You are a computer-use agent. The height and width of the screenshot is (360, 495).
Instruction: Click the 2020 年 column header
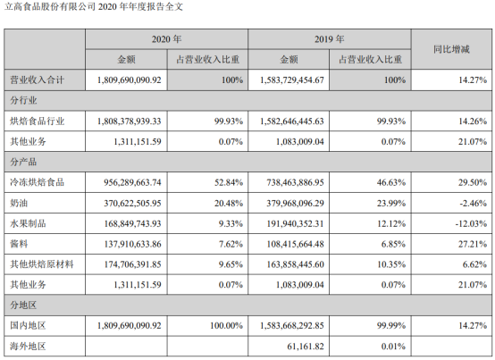(166, 39)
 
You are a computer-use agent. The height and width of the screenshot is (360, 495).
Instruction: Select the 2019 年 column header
(329, 39)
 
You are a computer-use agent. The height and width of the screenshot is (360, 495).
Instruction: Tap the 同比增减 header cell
(451, 49)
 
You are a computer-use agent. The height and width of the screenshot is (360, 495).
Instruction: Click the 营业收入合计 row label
(37, 80)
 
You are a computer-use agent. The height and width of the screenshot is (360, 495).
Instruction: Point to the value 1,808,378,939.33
(130, 121)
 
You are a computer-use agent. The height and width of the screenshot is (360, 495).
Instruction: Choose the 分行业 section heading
(23, 100)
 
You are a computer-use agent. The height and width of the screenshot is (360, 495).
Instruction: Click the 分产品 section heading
(23, 162)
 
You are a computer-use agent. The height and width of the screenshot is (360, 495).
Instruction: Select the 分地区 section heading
(23, 306)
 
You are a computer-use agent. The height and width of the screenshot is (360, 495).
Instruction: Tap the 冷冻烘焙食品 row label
(37, 182)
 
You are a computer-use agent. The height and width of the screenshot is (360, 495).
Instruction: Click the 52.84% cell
(229, 182)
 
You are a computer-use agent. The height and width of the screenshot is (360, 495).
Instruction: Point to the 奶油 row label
(19, 203)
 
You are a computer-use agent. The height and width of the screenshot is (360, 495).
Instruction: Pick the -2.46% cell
(473, 203)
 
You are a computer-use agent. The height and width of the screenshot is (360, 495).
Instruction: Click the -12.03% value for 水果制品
(471, 223)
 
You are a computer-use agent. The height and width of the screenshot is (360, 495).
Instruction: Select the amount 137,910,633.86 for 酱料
(132, 244)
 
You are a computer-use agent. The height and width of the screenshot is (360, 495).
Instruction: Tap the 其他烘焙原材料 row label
(42, 264)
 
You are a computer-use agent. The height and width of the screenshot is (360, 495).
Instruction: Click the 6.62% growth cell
(474, 264)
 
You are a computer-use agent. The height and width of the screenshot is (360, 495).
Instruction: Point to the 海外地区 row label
(28, 346)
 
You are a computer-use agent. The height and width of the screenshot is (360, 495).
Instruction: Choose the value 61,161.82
(306, 346)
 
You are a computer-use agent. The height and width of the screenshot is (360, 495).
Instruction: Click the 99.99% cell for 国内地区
(391, 325)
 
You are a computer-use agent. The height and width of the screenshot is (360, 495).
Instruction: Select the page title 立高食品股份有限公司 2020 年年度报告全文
(94, 6)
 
